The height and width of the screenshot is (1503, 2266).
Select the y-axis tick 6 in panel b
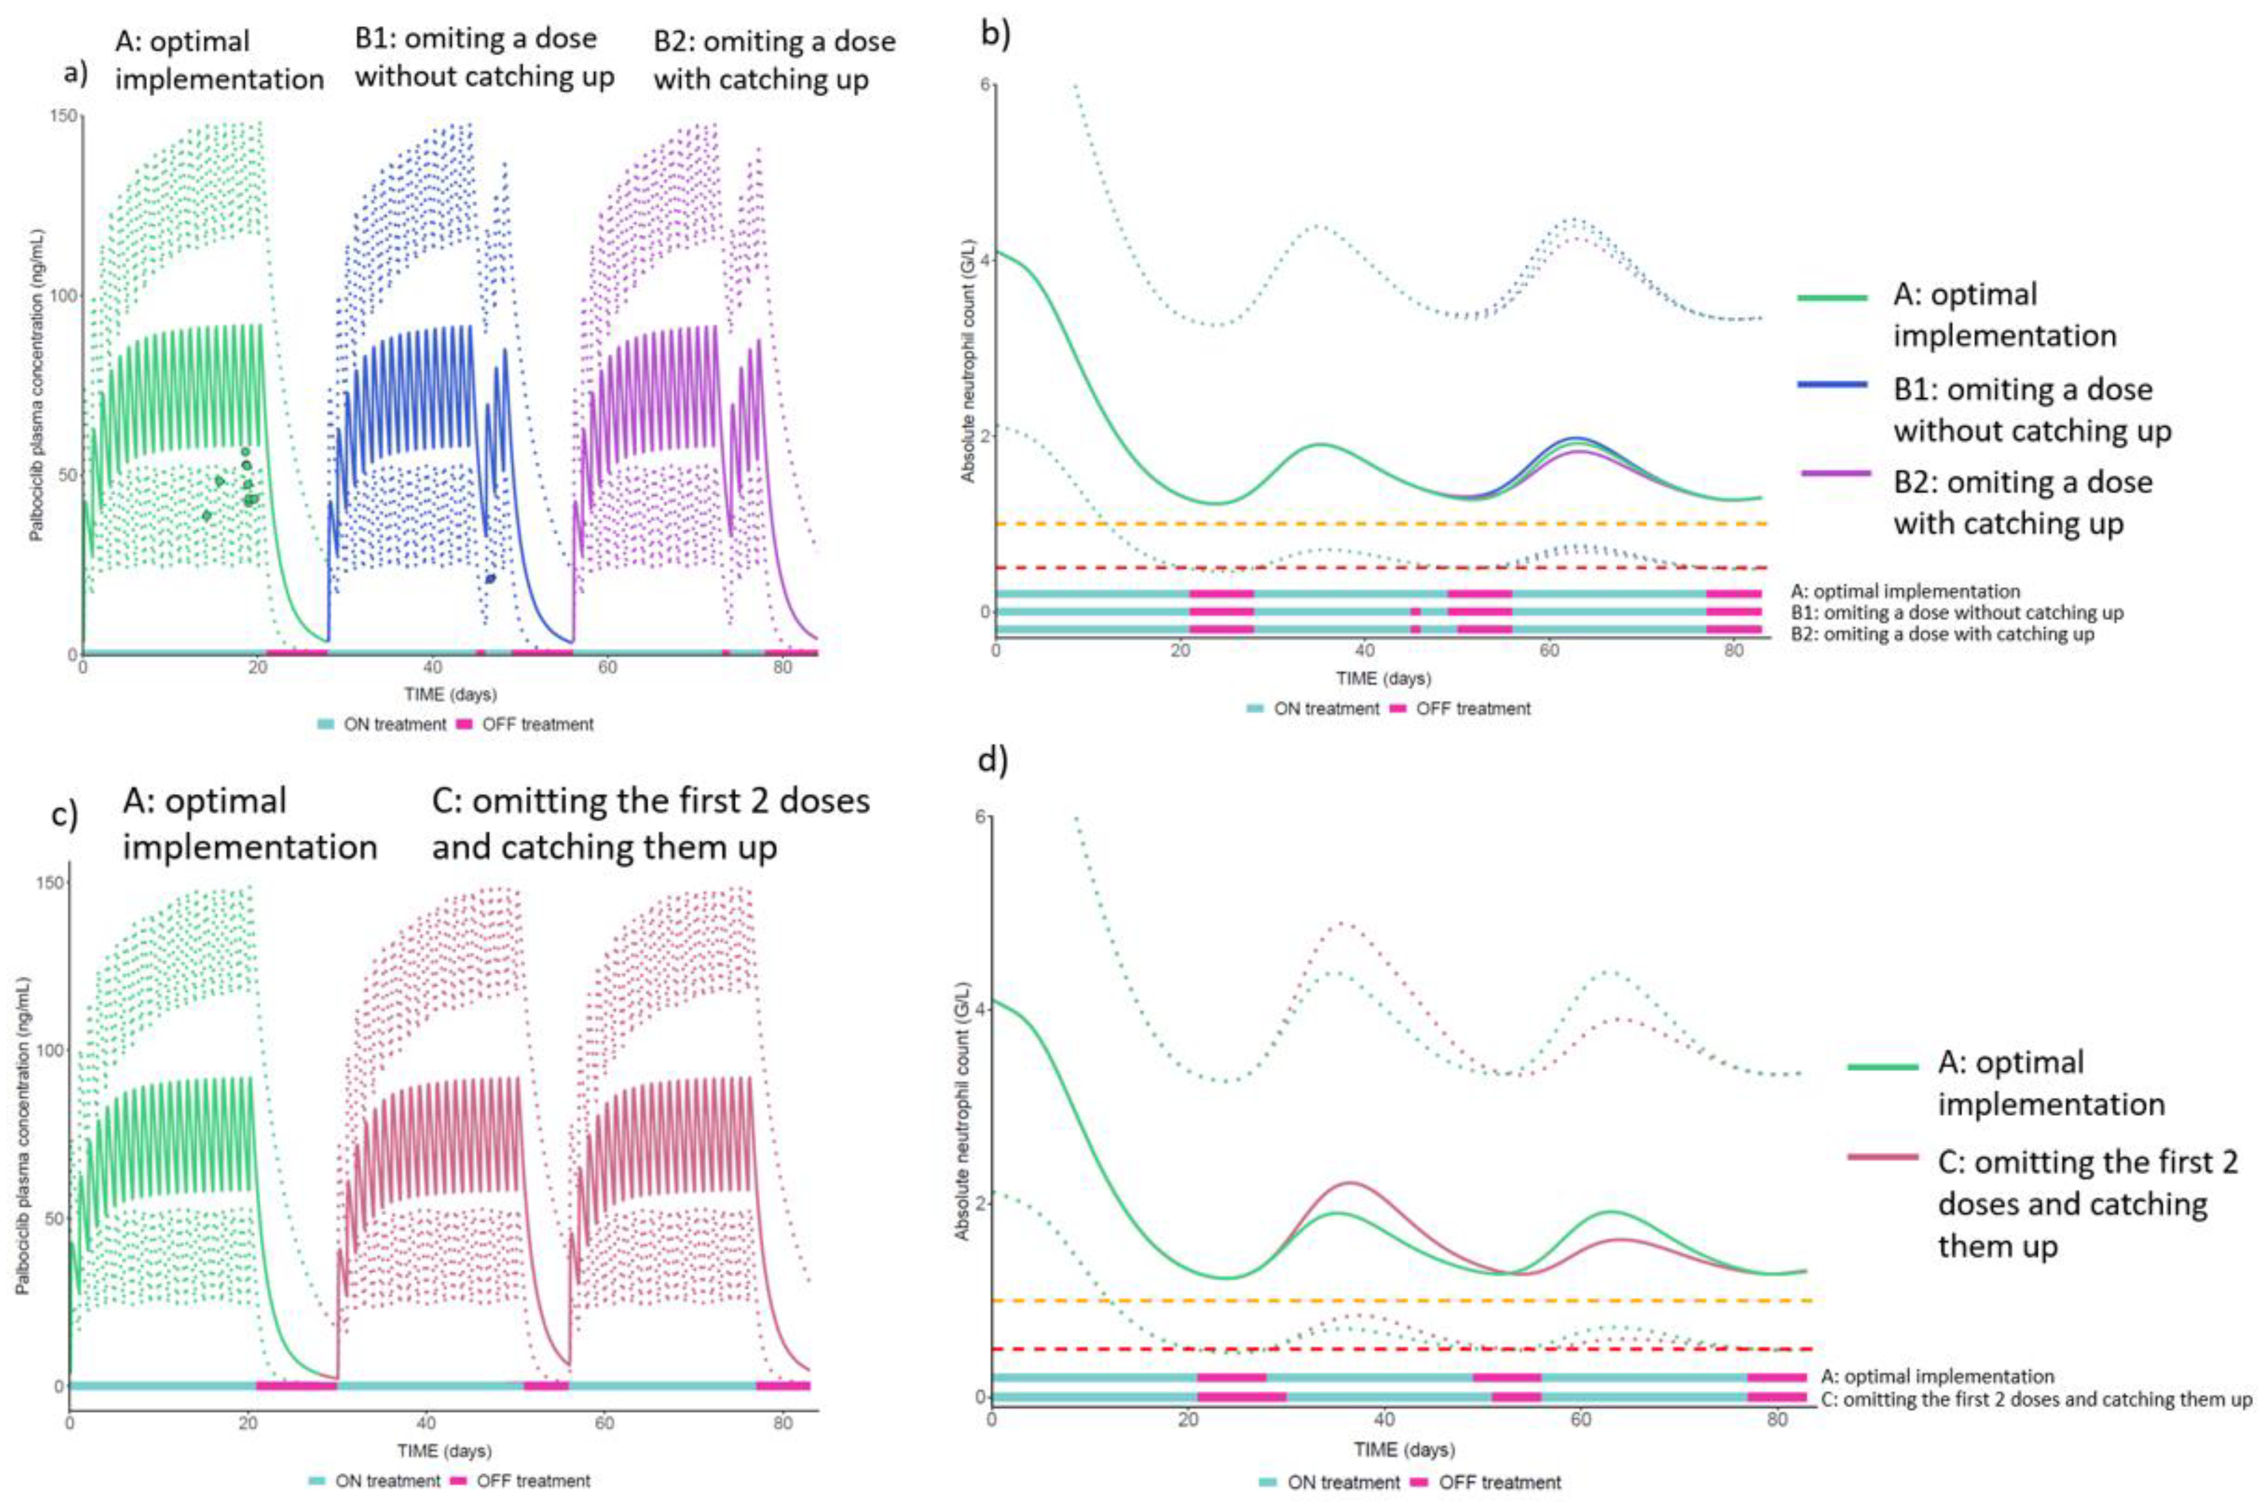984,85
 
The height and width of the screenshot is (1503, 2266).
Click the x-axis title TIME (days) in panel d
1403,1450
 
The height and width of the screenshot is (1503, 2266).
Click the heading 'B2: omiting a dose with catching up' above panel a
774,60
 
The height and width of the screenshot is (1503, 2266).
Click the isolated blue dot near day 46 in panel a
491,578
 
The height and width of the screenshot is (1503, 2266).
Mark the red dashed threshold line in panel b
1380,568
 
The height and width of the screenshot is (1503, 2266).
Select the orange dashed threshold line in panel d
1399,1301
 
